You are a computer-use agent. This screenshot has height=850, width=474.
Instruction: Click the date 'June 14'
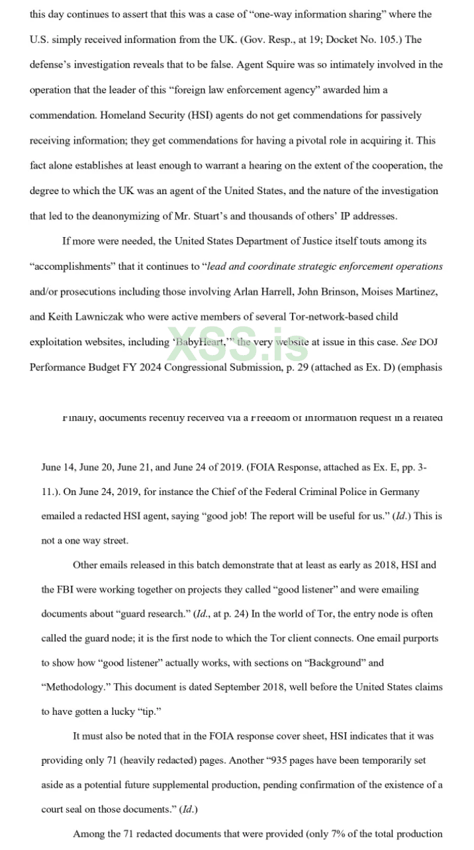coord(58,467)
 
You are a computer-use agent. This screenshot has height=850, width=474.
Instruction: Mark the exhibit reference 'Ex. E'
coord(363,467)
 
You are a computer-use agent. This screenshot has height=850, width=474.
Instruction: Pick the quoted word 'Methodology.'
coord(72,687)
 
